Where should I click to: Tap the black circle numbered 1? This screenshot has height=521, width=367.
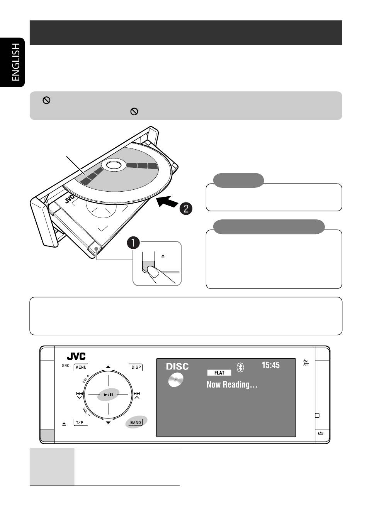coord(134,243)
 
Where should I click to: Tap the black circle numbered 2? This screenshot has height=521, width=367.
coord(186,209)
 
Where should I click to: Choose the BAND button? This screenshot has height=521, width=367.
coord(136,422)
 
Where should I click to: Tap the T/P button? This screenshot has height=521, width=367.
coord(80,423)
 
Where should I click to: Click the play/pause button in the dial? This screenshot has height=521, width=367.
coord(108,395)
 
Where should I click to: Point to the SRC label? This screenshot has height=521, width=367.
coord(66,366)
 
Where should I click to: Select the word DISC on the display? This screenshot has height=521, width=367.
coord(177,366)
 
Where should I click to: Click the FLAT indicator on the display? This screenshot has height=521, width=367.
coord(219,373)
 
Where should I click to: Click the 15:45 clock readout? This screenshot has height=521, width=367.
coord(270,365)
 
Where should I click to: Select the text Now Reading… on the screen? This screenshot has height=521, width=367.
coord(232,384)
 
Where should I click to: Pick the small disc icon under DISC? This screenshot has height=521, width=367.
coord(175,380)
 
